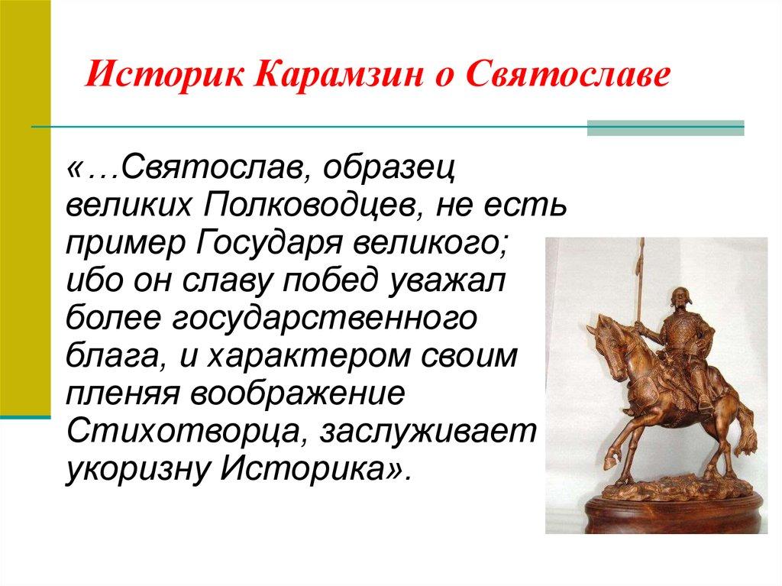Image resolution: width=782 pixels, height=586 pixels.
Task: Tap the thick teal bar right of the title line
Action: click(x=664, y=128)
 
